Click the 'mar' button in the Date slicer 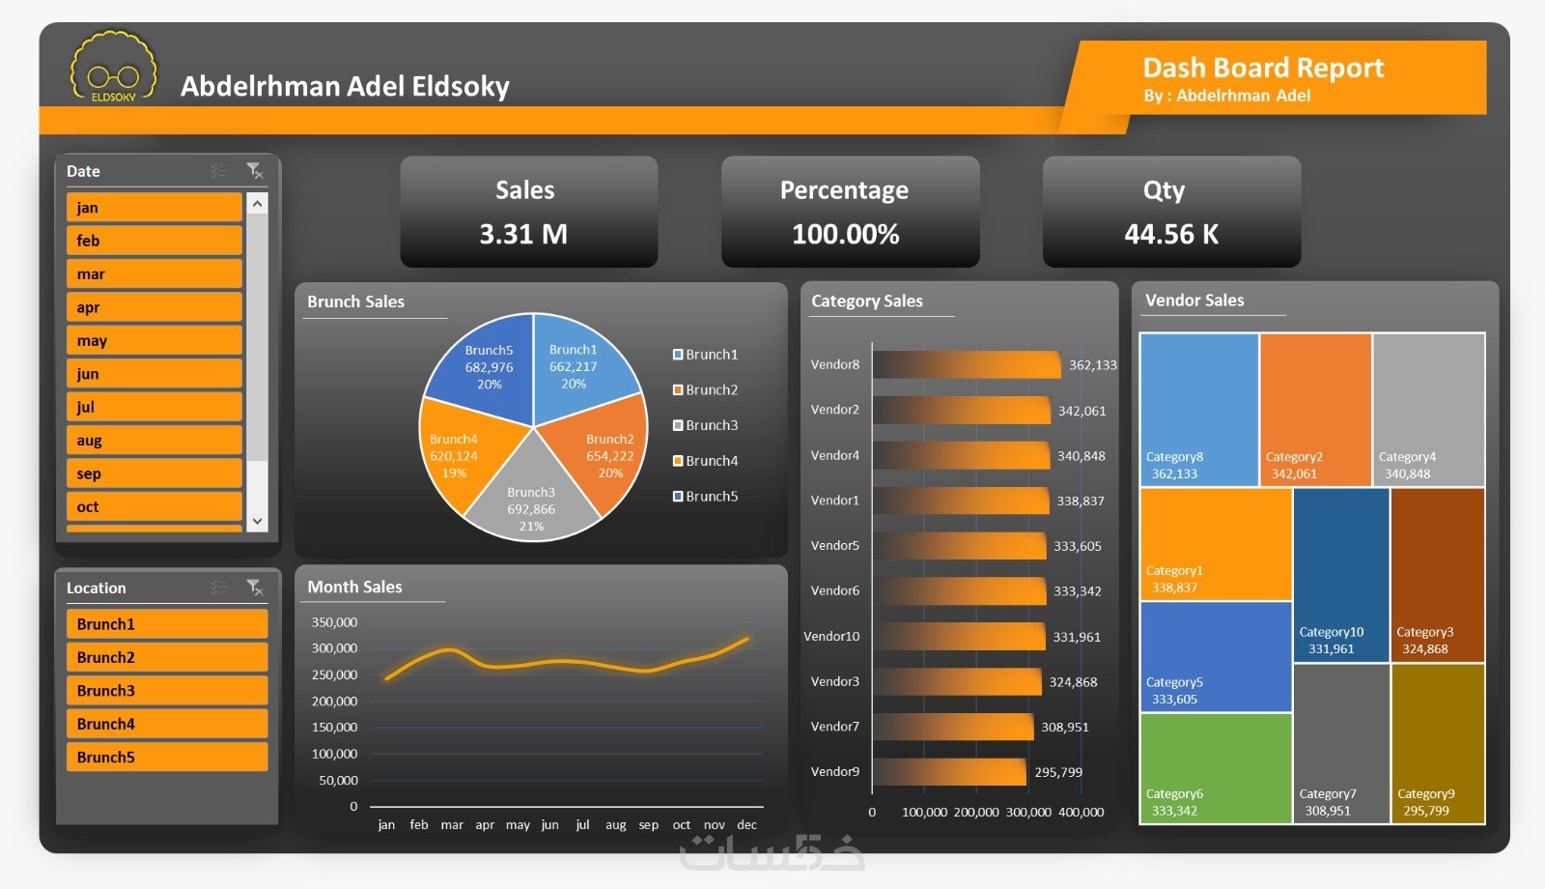(154, 273)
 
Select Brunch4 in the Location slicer (166, 724)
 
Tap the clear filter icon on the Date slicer (255, 171)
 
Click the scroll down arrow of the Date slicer (257, 521)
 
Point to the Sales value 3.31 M (523, 234)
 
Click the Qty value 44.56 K (1170, 234)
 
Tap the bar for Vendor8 (966, 364)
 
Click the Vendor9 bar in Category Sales (948, 772)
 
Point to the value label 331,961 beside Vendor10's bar (1077, 637)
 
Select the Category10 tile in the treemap (1340, 575)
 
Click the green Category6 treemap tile (1216, 767)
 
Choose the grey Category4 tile (1428, 408)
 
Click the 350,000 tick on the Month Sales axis (334, 622)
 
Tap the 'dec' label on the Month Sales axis (746, 824)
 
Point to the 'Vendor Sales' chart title (1194, 301)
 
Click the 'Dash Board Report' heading (1263, 68)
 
